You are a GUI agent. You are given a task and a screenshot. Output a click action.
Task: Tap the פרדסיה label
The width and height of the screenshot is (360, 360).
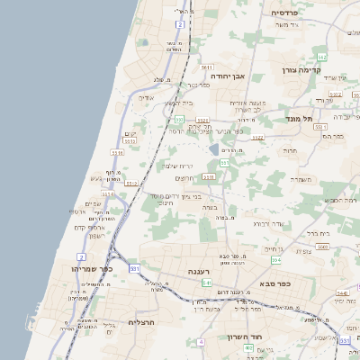click(291, 13)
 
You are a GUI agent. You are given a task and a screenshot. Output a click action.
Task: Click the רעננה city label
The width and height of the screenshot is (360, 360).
click(199, 271)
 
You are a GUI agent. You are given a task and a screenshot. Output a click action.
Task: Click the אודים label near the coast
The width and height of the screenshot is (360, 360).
click(147, 97)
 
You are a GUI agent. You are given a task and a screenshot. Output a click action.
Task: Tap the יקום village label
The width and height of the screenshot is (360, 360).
click(130, 133)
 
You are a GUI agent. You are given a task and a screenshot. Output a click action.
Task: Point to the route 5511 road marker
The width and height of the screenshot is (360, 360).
click(206, 67)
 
